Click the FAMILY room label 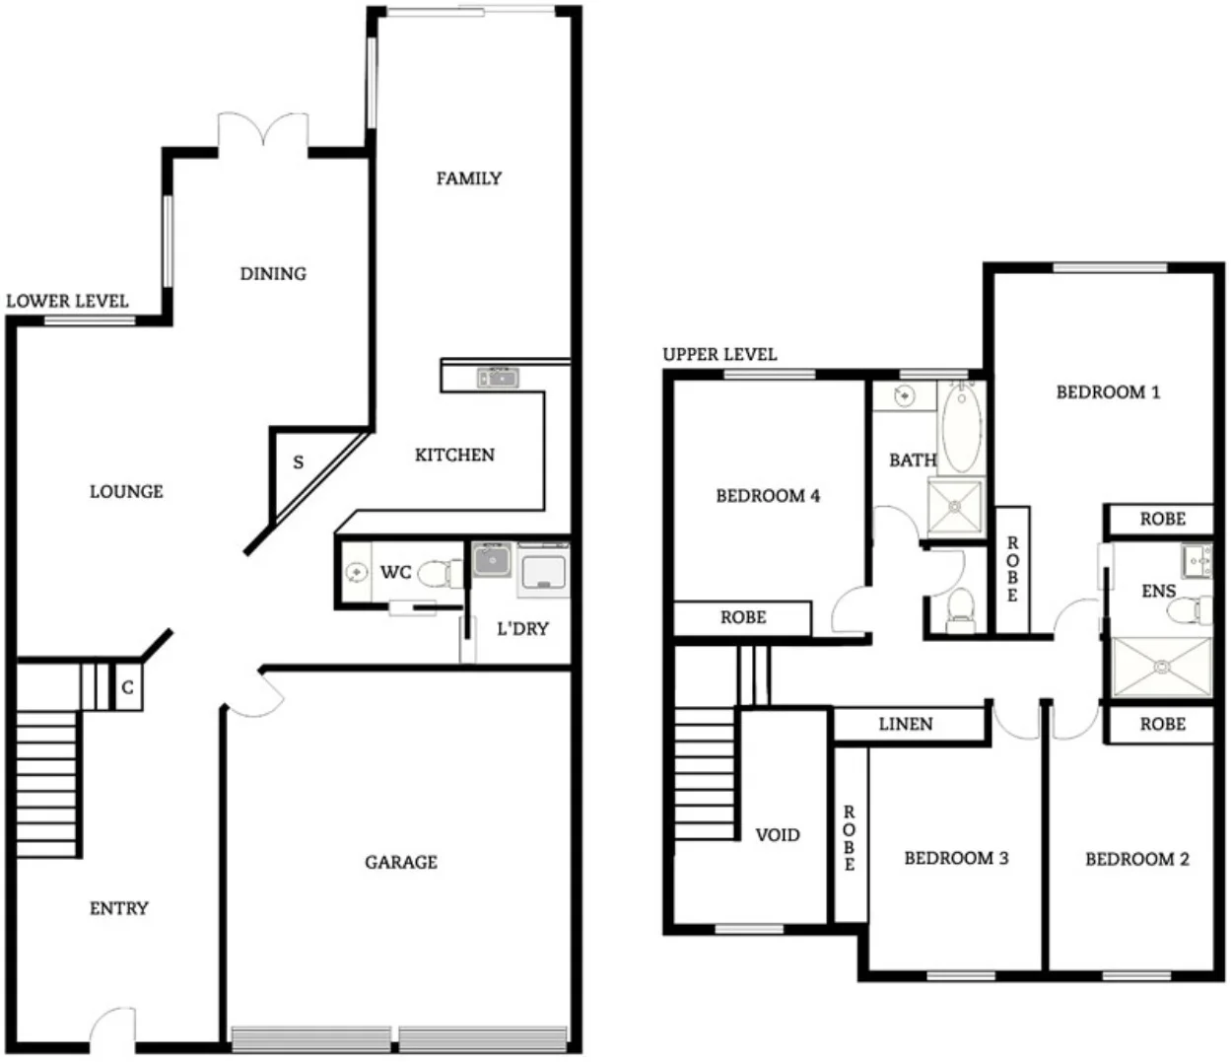469,178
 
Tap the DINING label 273,273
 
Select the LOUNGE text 126,491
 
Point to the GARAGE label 400,862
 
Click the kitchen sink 498,377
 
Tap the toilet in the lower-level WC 439,572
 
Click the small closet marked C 127,687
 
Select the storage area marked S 298,461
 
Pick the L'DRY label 522,628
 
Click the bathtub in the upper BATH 961,430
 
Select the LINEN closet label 905,724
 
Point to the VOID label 777,834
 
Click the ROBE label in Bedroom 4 743,617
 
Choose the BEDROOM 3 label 956,858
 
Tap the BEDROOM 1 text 1108,391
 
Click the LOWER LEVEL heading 67,301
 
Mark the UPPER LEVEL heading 719,354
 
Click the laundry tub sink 490,560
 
